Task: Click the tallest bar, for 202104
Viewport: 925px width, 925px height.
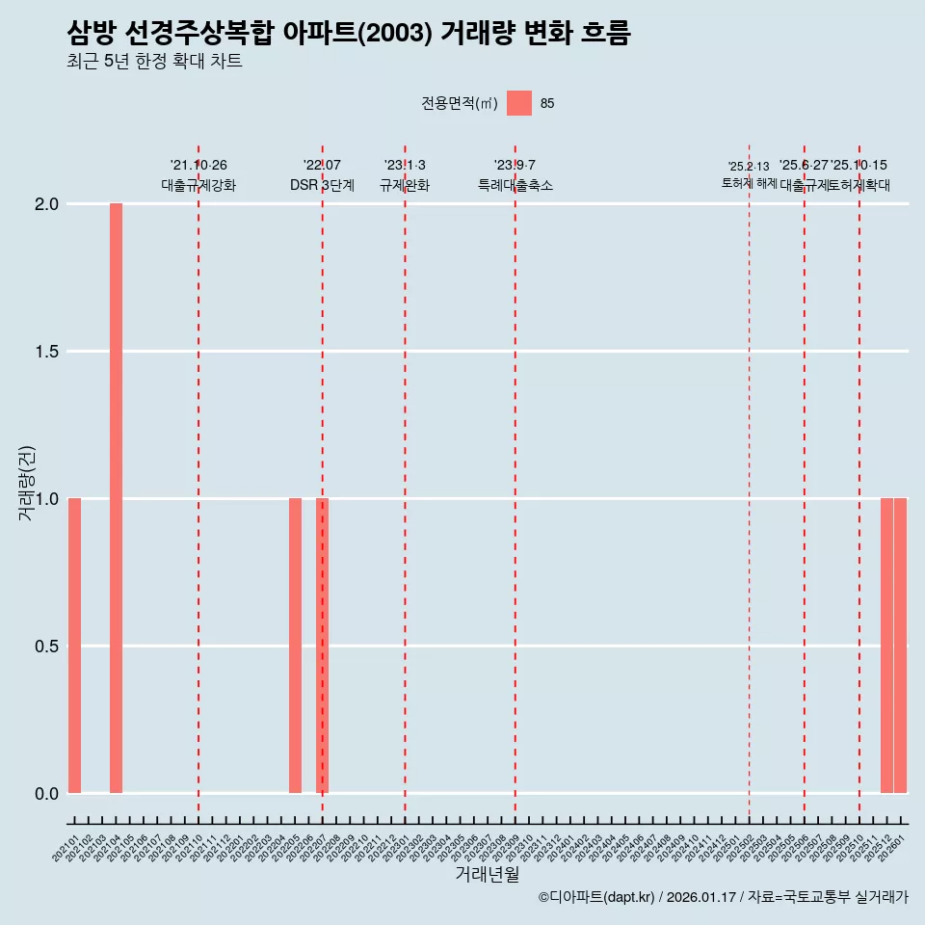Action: (116, 498)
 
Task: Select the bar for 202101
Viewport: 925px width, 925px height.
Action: (74, 646)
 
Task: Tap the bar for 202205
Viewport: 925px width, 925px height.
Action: (295, 646)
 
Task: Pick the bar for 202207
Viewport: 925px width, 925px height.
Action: (323, 646)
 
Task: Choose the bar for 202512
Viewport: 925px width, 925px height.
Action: (886, 646)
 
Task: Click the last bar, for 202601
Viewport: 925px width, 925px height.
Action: (900, 646)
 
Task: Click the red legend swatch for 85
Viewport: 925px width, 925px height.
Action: (519, 103)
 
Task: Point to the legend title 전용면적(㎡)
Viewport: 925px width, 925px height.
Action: (460, 104)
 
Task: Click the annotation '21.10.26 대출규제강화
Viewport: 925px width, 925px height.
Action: (198, 175)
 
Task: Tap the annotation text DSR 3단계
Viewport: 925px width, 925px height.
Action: (322, 186)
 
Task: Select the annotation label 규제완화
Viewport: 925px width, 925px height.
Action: (405, 186)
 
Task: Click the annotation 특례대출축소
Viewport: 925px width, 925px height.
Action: (515, 186)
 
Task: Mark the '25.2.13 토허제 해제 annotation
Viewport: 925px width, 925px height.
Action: (749, 174)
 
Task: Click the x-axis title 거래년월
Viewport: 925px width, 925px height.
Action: (488, 875)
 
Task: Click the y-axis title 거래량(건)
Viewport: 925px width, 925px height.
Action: (26, 483)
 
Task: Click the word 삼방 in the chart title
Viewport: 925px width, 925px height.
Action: (92, 34)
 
